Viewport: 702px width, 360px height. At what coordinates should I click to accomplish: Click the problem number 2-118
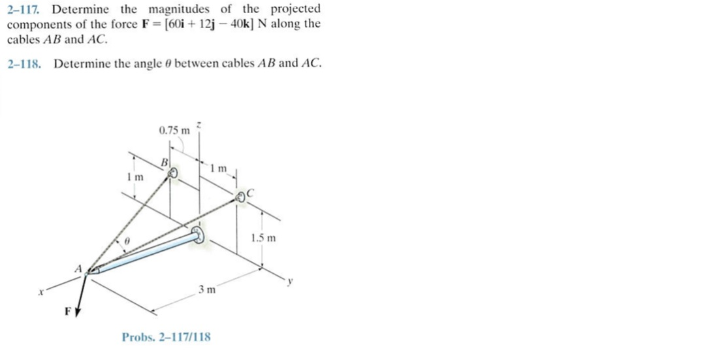click(x=24, y=63)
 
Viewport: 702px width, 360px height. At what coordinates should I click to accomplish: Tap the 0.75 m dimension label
click(x=174, y=130)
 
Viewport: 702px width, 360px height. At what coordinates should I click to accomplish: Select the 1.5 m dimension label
click(x=263, y=238)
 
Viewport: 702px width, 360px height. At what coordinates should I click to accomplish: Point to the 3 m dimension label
click(x=207, y=289)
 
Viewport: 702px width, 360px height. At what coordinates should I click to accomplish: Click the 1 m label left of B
click(x=135, y=177)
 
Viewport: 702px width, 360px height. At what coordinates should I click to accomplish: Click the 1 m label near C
click(x=219, y=169)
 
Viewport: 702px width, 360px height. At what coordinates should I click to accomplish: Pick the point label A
click(x=78, y=269)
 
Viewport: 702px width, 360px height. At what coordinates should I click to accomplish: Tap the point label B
click(x=165, y=161)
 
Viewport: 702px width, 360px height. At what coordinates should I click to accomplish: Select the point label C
click(x=250, y=193)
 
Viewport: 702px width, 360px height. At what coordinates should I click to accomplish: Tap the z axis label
click(x=199, y=127)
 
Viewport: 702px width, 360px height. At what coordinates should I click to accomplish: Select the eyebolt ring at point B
click(x=172, y=173)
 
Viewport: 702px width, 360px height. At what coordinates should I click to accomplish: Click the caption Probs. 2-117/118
click(x=166, y=336)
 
